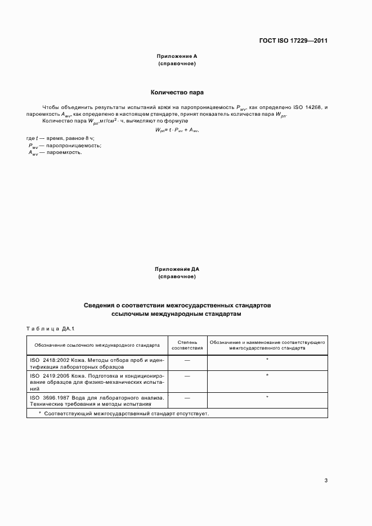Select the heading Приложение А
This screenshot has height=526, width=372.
pyautogui.click(x=177, y=57)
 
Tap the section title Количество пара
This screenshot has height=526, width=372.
pyautogui.click(x=177, y=92)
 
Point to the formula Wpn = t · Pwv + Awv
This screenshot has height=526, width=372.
pyautogui.click(x=177, y=130)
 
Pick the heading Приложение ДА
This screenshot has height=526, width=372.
pyautogui.click(x=177, y=270)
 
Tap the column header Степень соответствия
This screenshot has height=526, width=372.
pyautogui.click(x=187, y=344)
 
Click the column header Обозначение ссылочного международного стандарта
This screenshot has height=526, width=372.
pyautogui.click(x=97, y=345)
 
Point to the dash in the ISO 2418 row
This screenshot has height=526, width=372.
pyautogui.click(x=187, y=359)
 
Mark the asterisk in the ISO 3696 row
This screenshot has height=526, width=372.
pyautogui.click(x=267, y=397)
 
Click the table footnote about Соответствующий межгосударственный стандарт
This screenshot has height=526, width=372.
pyautogui.click(x=123, y=413)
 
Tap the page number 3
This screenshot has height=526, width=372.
pyautogui.click(x=326, y=480)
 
